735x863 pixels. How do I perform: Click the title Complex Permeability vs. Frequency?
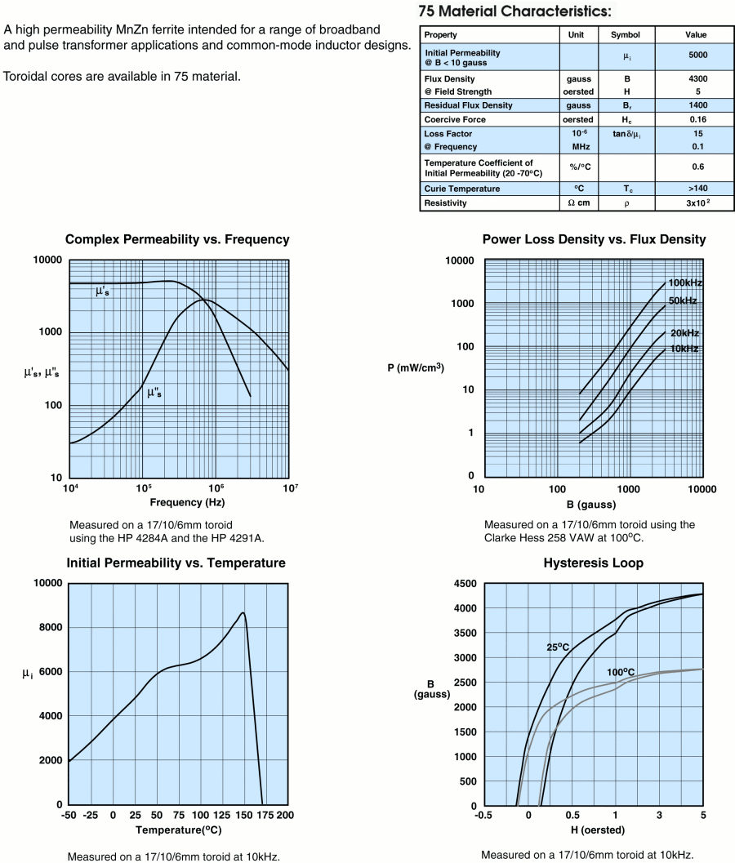click(x=178, y=240)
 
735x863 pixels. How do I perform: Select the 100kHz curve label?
click(x=685, y=283)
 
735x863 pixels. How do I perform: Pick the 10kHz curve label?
click(x=684, y=349)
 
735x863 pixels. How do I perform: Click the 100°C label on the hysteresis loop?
click(x=621, y=672)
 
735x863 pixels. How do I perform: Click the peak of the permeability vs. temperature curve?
click(x=243, y=612)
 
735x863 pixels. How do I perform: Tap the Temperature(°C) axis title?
click(x=178, y=830)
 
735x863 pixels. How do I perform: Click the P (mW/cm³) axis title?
click(x=416, y=367)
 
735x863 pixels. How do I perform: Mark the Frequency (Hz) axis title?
click(x=177, y=503)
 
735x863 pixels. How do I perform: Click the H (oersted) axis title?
click(x=594, y=830)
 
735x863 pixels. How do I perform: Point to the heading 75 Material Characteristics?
click(x=513, y=12)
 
